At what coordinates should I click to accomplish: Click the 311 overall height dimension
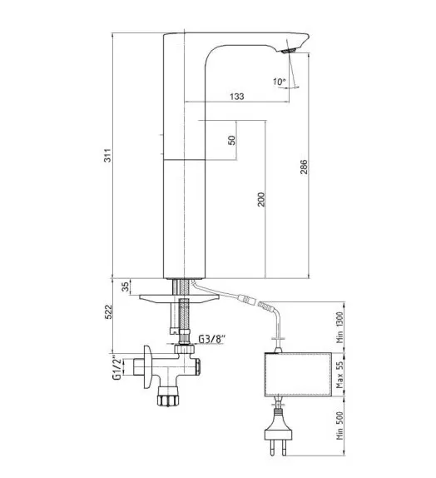click(x=108, y=156)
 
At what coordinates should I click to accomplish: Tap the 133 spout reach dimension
click(x=237, y=97)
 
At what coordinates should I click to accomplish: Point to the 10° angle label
click(x=279, y=82)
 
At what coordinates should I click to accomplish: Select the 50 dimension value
click(x=232, y=140)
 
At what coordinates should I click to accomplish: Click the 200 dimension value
click(x=261, y=199)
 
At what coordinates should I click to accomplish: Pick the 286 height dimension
click(x=304, y=167)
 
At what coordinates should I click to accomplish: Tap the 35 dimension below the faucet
click(x=125, y=286)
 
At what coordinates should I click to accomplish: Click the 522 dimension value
click(x=108, y=311)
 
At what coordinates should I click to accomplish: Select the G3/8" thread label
click(x=211, y=339)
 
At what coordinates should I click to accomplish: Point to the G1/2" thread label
click(x=116, y=367)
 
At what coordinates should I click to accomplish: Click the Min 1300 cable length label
click(x=339, y=327)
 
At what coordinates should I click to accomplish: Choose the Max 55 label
click(x=339, y=375)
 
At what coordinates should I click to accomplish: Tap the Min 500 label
click(x=339, y=426)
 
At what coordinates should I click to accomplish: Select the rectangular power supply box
click(x=298, y=375)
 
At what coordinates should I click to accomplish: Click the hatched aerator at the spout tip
click(x=289, y=51)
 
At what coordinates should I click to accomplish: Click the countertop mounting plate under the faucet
click(x=180, y=299)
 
